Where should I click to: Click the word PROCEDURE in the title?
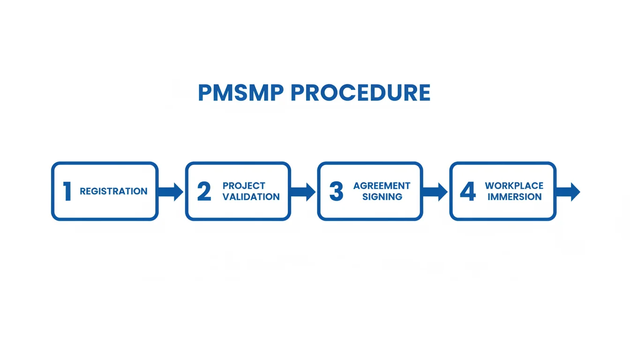[360, 93]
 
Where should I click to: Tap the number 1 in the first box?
[67, 192]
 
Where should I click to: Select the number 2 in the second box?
[204, 192]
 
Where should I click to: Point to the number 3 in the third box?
[336, 192]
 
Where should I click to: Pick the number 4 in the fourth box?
[468, 192]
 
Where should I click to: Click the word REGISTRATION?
[113, 191]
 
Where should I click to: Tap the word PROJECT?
[244, 186]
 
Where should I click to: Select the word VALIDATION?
[251, 197]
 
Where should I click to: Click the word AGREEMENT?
[382, 186]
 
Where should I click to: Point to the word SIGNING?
[382, 197]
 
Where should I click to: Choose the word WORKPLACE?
[514, 186]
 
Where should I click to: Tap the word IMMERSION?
[514, 197]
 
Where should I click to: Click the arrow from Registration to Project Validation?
[171, 192]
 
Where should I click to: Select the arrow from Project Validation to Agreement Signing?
[303, 192]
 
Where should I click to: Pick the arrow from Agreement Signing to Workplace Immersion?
[435, 192]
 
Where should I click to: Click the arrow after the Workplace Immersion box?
[568, 192]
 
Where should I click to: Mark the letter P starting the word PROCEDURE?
[297, 93]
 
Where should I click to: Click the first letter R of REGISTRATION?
[83, 191]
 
